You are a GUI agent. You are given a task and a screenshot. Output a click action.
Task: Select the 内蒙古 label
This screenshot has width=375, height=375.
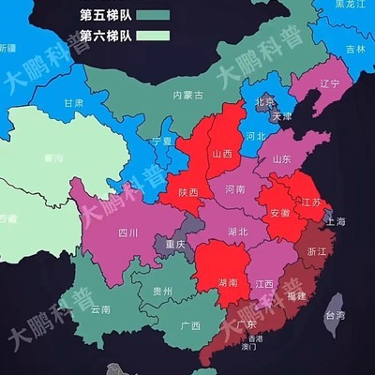189,96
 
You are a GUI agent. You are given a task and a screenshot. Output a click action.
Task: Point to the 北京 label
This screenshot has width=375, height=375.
266,102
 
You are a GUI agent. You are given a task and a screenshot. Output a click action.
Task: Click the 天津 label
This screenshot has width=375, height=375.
280,118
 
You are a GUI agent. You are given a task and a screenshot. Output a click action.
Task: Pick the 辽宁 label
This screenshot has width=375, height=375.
329,83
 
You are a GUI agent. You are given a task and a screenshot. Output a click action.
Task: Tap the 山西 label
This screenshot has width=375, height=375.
223,154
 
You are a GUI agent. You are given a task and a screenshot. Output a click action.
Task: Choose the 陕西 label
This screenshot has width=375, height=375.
188,192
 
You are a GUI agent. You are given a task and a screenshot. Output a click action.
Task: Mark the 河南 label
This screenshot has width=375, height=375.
235,189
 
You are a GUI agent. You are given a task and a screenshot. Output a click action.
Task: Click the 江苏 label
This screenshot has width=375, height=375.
310,202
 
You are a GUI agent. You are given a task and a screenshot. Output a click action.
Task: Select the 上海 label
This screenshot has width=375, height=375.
334,221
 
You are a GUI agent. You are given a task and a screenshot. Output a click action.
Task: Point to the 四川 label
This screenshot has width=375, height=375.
127,232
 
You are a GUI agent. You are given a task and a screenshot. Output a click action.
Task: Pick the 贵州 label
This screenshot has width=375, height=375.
163,292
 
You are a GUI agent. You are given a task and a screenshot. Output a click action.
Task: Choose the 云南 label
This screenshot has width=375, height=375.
99,308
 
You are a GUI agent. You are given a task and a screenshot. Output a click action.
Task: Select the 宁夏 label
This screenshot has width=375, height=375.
162,142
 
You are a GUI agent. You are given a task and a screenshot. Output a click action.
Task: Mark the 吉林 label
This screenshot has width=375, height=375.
355,49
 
